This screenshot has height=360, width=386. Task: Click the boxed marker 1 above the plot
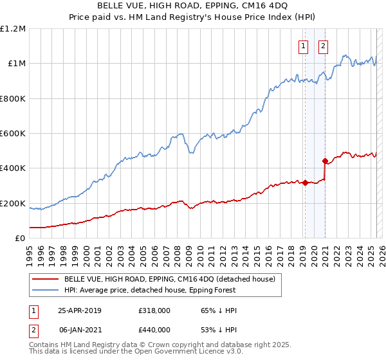tap(303, 46)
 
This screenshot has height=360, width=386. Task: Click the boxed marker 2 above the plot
tap(323, 46)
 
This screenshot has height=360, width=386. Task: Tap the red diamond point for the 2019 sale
tap(305, 183)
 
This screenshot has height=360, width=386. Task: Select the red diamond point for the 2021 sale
tap(325, 161)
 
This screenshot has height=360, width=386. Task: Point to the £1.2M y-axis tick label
tap(13, 29)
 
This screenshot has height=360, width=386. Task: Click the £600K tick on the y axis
tap(13, 134)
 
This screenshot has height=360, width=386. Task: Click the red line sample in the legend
tap(45, 279)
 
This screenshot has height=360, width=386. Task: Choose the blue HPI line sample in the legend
tap(45, 289)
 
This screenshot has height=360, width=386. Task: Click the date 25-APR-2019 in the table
tap(80, 310)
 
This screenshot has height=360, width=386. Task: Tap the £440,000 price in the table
tap(154, 330)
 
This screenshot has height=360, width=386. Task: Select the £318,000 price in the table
tap(154, 310)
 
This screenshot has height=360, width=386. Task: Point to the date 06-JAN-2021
tap(80, 330)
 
